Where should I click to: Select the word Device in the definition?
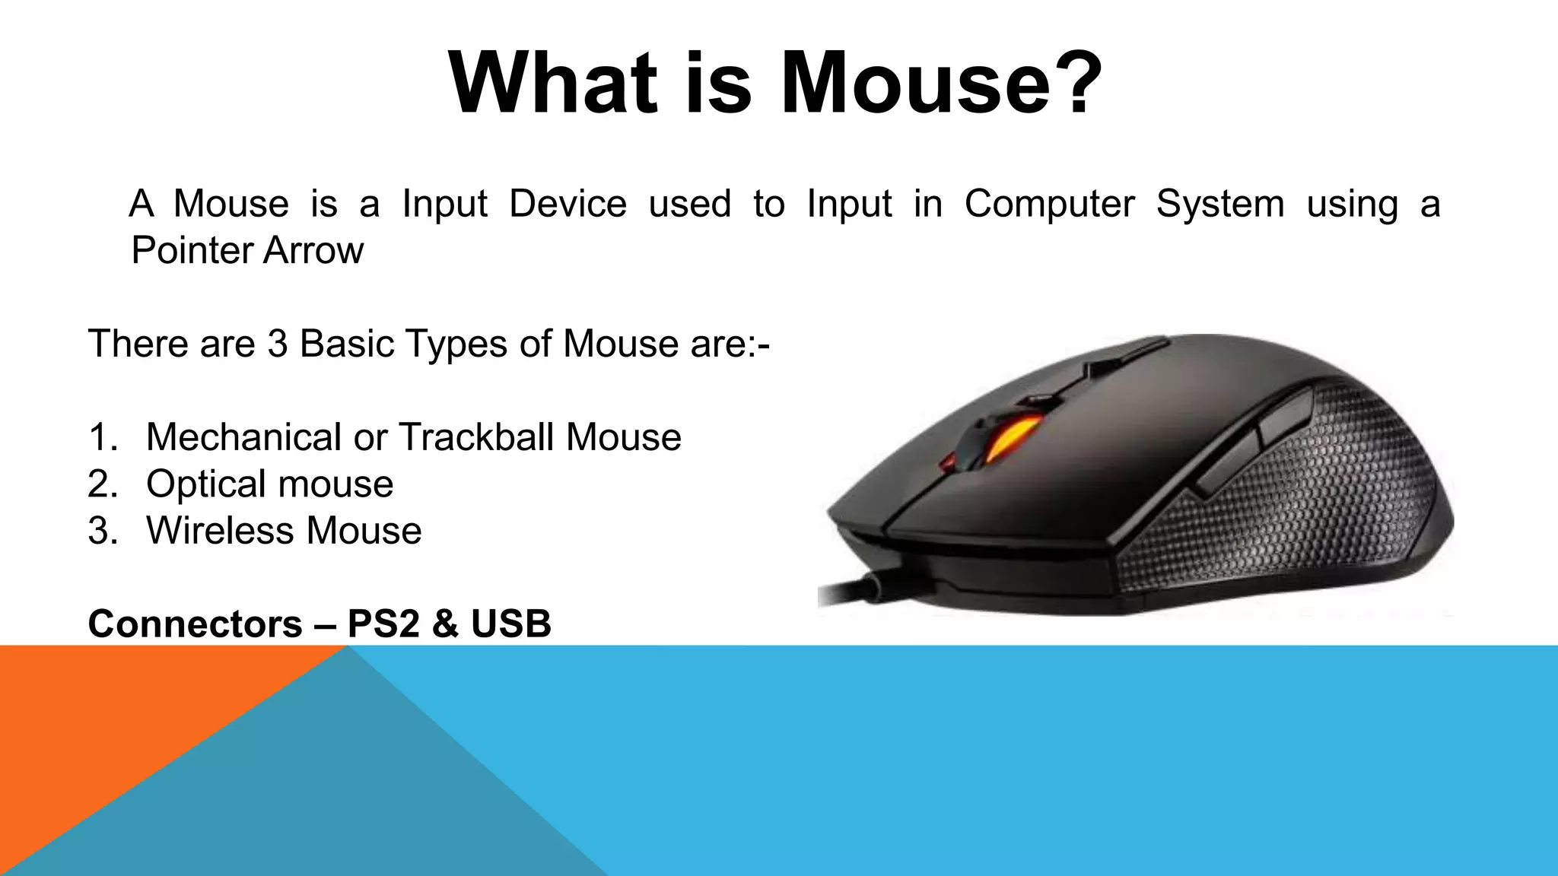pyautogui.click(x=568, y=204)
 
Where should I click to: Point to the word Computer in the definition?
pyautogui.click(x=1050, y=204)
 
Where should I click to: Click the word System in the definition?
pyautogui.click(x=1220, y=204)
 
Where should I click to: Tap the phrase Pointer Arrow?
pyautogui.click(x=247, y=250)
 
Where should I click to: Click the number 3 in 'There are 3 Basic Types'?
pyautogui.click(x=278, y=344)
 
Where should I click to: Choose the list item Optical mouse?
pyautogui.click(x=269, y=484)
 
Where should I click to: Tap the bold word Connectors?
pyautogui.click(x=195, y=624)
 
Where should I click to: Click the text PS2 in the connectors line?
pyautogui.click(x=383, y=624)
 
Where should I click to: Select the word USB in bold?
pyautogui.click(x=510, y=624)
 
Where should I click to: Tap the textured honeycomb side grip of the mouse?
pyautogui.click(x=1308, y=502)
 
